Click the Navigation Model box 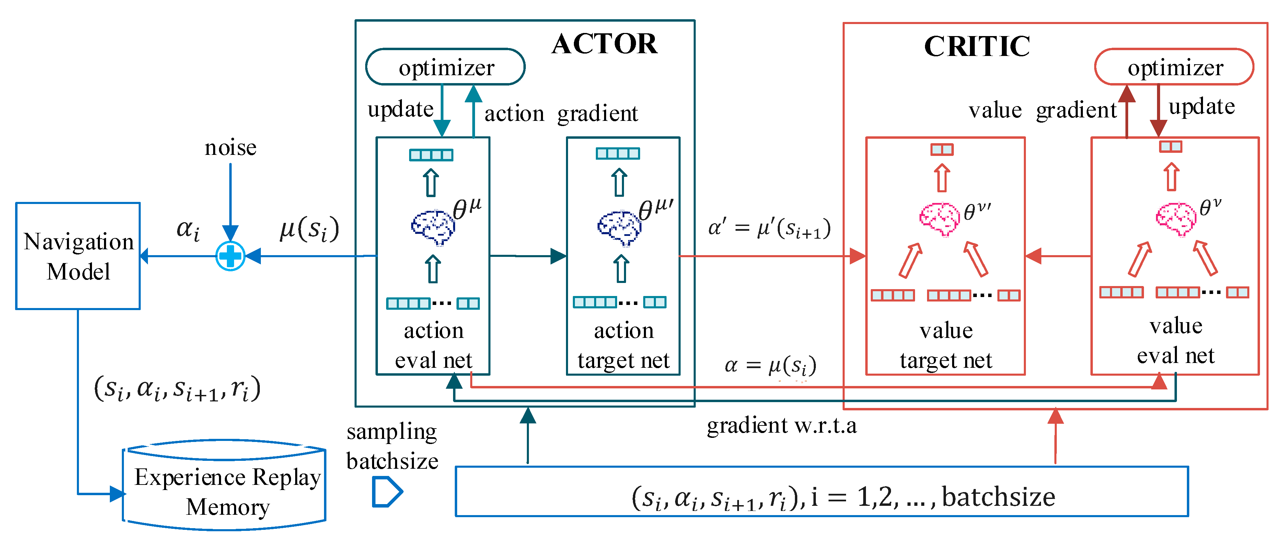click(x=78, y=256)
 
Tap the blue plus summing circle click(x=230, y=256)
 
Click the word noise click(x=230, y=148)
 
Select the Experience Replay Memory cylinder click(x=224, y=485)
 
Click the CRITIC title click(x=977, y=46)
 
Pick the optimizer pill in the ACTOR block click(x=445, y=67)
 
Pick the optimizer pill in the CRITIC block click(x=1175, y=67)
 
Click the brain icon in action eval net click(x=433, y=227)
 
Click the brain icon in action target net click(x=619, y=228)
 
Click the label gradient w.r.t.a click(x=782, y=425)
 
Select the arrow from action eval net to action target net click(x=528, y=256)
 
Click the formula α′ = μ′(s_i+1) click(x=770, y=228)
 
